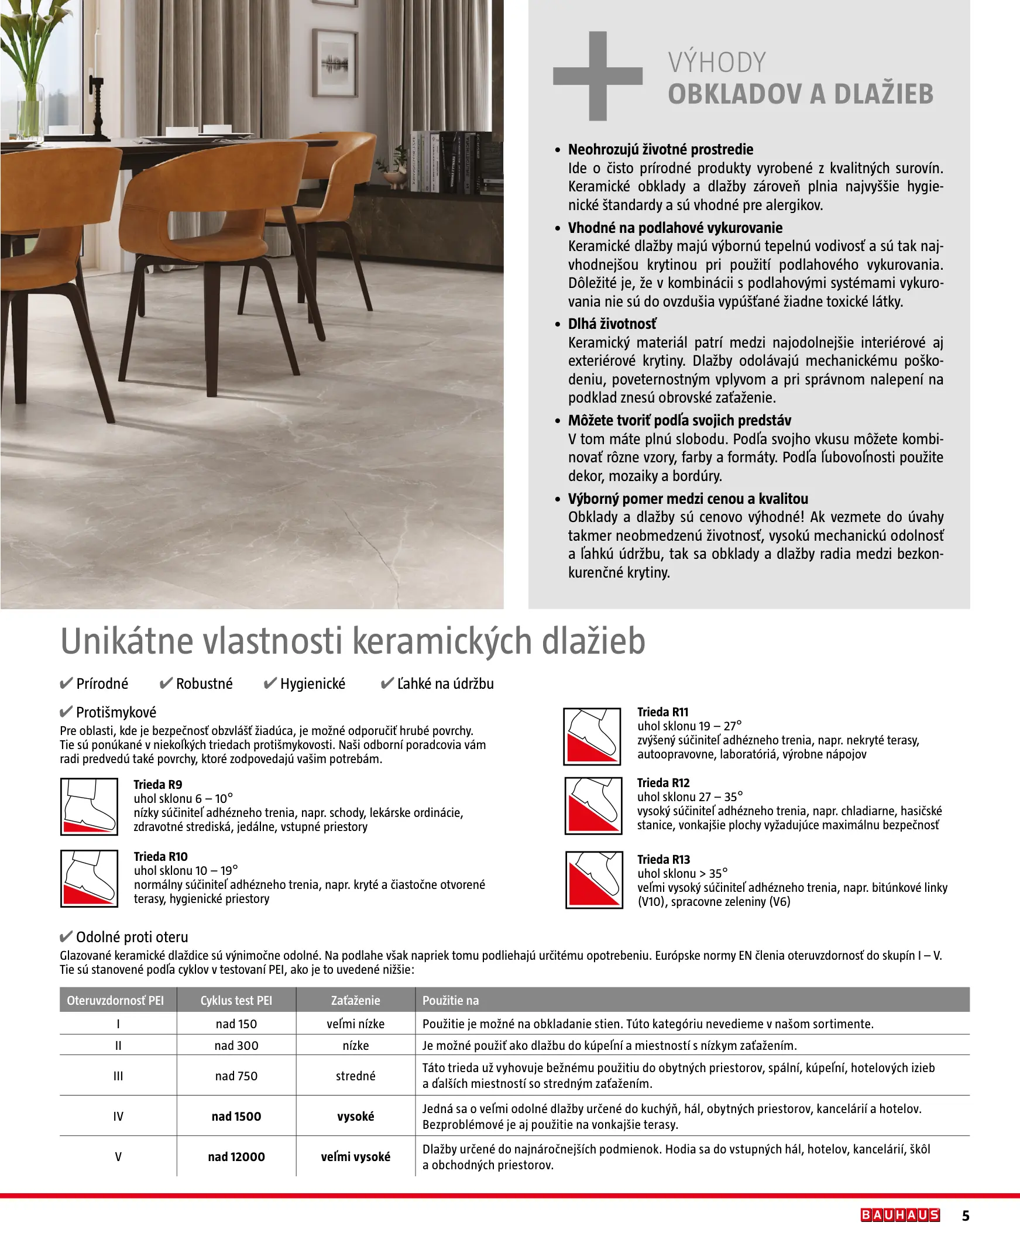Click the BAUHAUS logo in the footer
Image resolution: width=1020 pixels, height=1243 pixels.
click(900, 1215)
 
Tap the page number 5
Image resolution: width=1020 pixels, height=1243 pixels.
click(966, 1215)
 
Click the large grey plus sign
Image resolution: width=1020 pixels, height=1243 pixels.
click(597, 75)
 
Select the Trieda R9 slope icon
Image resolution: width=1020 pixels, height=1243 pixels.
click(90, 806)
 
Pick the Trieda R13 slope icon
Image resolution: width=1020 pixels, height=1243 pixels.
click(593, 880)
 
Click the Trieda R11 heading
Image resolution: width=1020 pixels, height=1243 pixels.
click(663, 712)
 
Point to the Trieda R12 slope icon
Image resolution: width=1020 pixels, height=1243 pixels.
click(593, 805)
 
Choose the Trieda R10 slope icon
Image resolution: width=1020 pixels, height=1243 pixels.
click(90, 879)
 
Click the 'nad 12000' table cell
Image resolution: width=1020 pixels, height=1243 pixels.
click(236, 1156)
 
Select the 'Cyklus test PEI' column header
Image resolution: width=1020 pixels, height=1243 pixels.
click(236, 1000)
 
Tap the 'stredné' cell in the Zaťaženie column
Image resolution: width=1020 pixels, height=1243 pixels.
click(355, 1076)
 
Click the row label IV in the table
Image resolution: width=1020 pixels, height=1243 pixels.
click(118, 1116)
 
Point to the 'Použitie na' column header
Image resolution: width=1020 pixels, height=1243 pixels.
click(451, 1000)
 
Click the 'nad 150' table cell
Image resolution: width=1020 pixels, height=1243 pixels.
click(236, 1024)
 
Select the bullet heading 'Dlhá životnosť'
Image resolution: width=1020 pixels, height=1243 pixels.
click(612, 324)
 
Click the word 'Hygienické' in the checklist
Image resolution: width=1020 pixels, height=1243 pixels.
click(312, 684)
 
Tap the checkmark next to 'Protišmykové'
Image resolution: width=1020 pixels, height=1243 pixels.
click(66, 713)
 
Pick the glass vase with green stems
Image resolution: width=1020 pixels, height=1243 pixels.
click(31, 109)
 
